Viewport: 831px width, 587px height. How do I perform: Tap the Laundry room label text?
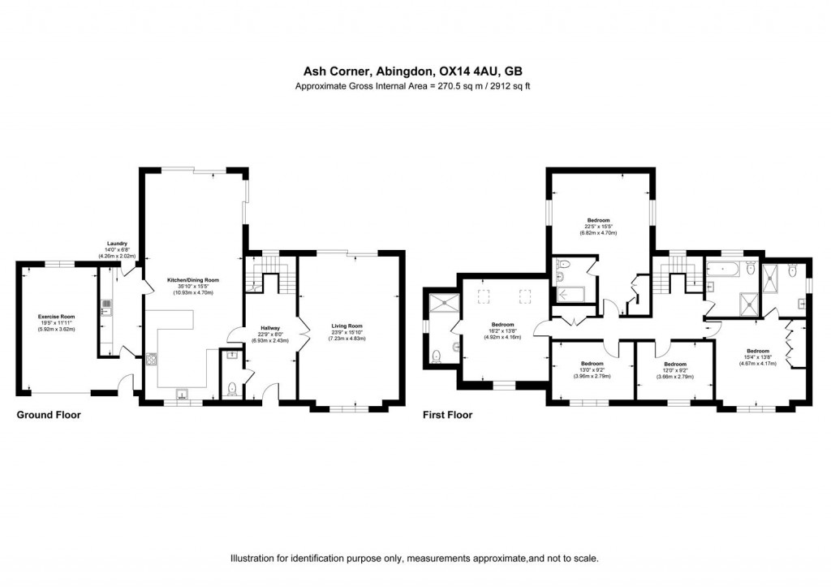[x=117, y=244]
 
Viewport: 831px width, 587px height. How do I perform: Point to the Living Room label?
[x=347, y=326]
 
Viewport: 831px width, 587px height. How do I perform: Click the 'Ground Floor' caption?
[x=49, y=415]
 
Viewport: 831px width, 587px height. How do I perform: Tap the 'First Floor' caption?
[x=447, y=415]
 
